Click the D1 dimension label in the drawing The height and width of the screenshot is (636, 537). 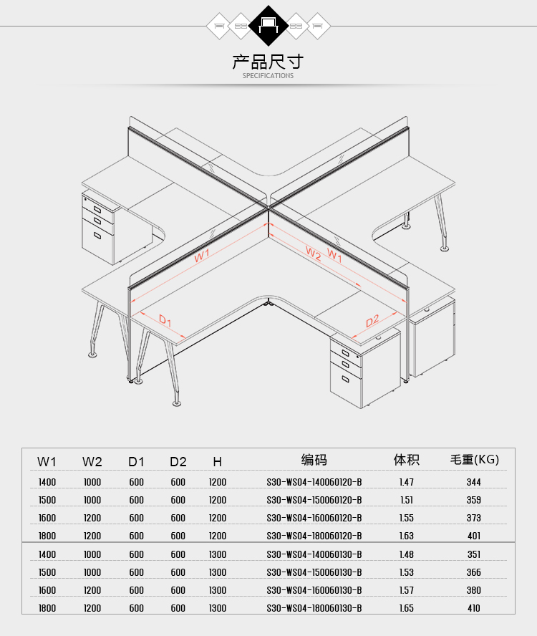165,320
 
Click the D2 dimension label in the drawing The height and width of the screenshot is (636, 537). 372,321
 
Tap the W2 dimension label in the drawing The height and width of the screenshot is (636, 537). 313,254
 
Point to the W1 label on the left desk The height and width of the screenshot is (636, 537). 202,256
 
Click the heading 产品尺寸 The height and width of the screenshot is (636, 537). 268,62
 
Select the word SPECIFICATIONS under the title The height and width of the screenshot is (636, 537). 268,75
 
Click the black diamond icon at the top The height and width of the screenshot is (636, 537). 268,26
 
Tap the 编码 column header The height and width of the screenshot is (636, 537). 314,460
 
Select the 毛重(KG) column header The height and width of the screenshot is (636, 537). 475,460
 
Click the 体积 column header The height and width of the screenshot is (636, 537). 407,460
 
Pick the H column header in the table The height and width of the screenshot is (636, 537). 218,461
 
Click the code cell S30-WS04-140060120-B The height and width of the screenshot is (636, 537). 314,482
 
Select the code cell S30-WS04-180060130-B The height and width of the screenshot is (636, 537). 314,608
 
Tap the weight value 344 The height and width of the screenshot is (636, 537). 474,482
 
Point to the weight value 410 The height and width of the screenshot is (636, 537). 474,608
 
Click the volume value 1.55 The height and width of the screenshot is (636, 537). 407,518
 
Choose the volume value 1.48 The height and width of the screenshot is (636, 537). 407,554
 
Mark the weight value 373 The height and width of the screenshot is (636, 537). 474,518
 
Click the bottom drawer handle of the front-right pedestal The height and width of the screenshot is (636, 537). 346,380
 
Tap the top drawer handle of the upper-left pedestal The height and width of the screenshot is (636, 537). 97,209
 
